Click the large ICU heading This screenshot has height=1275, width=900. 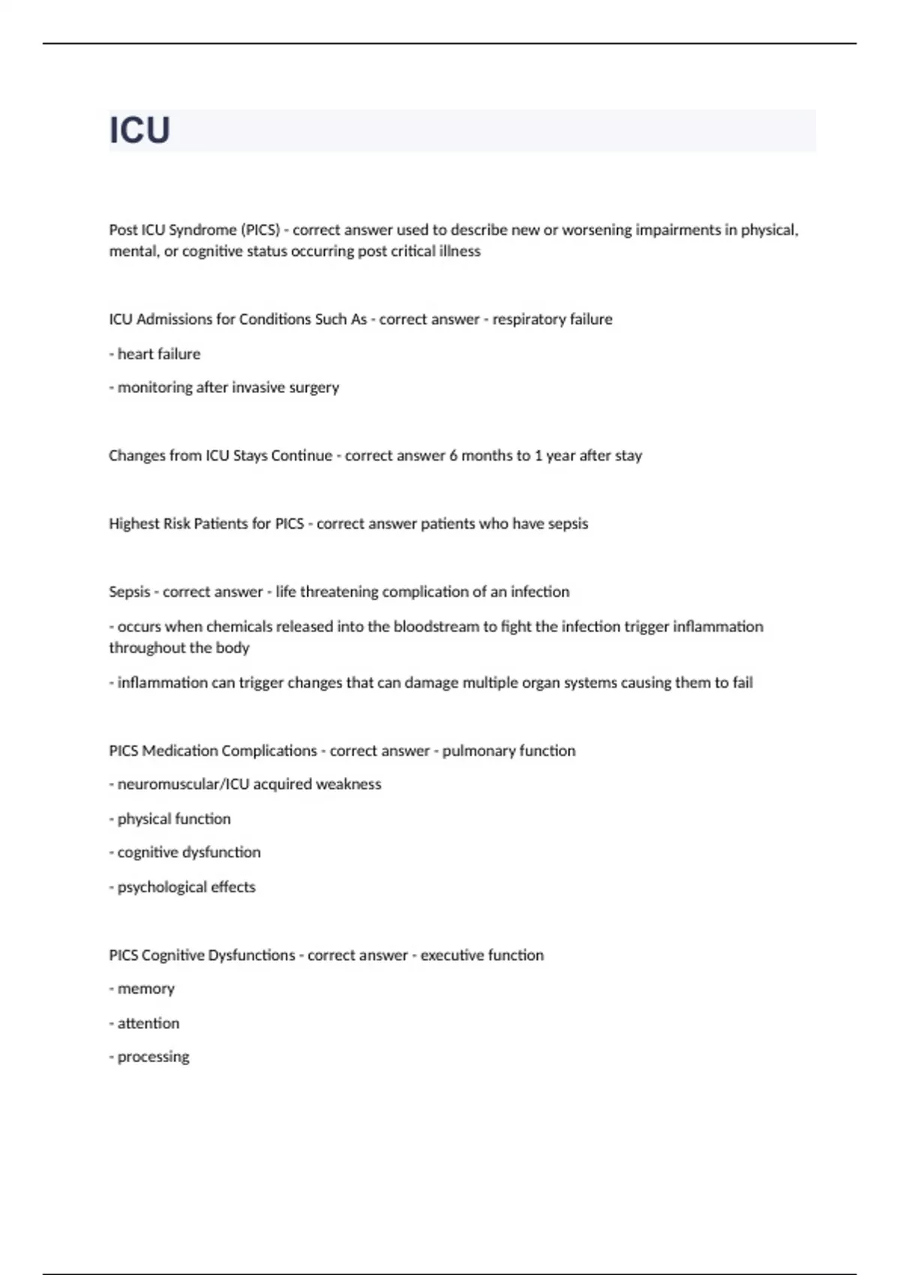[x=140, y=130]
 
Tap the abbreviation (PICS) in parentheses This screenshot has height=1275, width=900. [x=260, y=229]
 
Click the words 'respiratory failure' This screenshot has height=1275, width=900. [x=552, y=319]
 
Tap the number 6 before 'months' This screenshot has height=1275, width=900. [x=453, y=456]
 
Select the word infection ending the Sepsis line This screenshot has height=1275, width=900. [x=540, y=592]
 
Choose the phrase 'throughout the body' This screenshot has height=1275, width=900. [x=179, y=648]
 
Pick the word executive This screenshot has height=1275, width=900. [x=451, y=955]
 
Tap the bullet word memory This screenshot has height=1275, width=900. [x=145, y=989]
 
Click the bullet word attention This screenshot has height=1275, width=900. [x=148, y=1024]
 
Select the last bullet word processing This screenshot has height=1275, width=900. [x=153, y=1057]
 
